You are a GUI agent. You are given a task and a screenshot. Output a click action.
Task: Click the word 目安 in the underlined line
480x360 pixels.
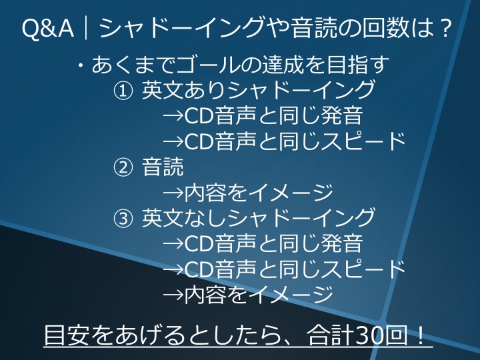tap(65, 333)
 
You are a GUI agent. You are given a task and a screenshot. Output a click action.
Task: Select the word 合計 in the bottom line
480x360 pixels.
tap(329, 333)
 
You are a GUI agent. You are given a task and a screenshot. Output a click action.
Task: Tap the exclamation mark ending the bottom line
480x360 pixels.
tap(421, 333)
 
